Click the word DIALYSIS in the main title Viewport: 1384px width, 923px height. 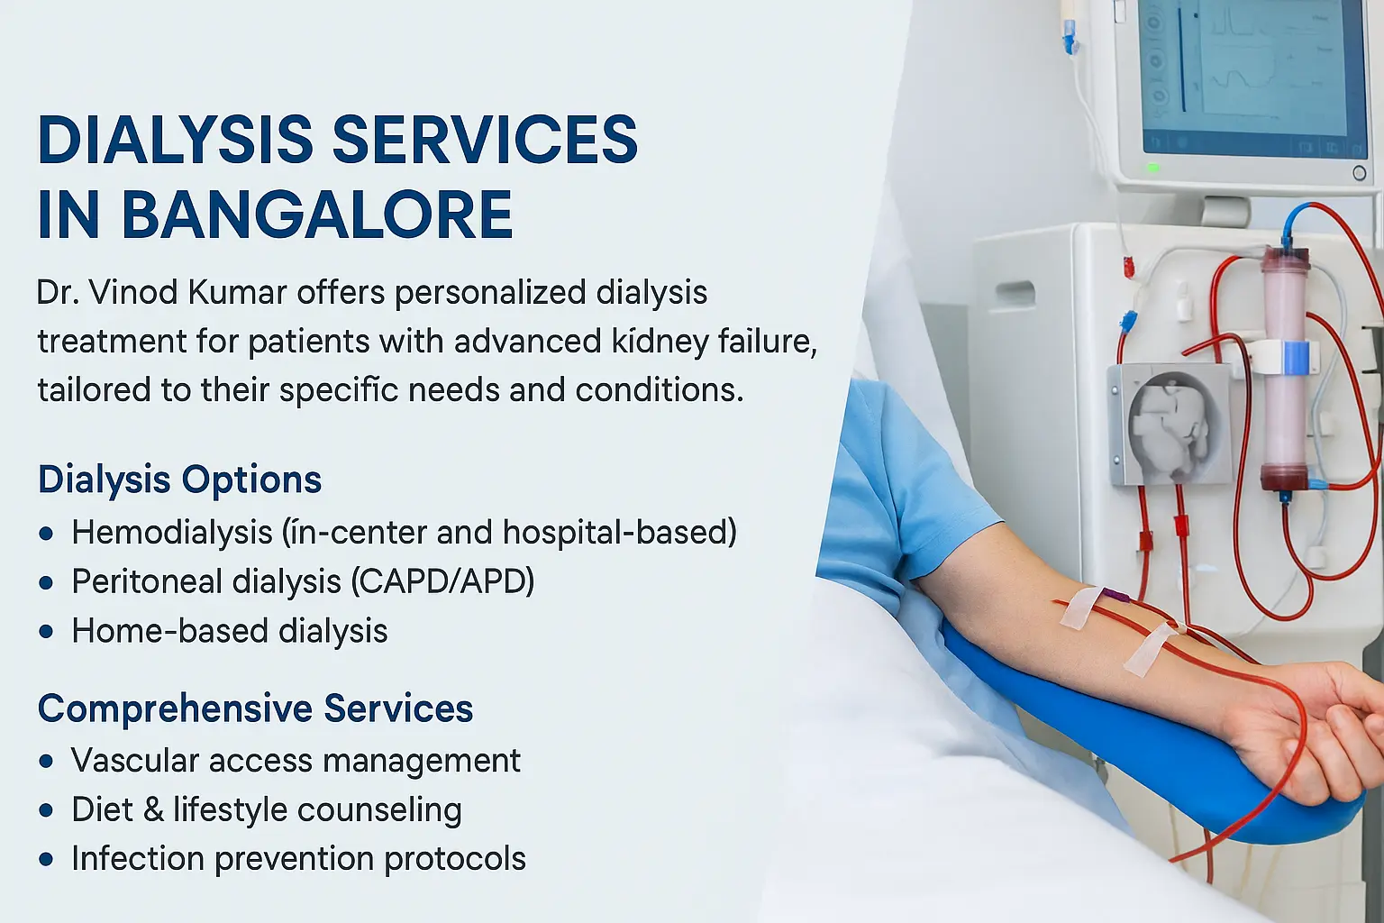pyautogui.click(x=176, y=140)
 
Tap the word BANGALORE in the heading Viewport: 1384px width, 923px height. pyautogui.click(x=317, y=215)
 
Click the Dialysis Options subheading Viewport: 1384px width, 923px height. pyautogui.click(x=180, y=480)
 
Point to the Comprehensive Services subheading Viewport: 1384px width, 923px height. pyautogui.click(x=255, y=708)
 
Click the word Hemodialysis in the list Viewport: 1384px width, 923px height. pyautogui.click(x=172, y=533)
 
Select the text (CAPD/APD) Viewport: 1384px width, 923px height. pyautogui.click(x=442, y=581)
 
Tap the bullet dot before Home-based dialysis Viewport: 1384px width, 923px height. pyautogui.click(x=46, y=632)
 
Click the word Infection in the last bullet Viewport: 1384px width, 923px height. pyautogui.click(x=138, y=859)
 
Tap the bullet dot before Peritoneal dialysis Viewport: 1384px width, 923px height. pyautogui.click(x=46, y=582)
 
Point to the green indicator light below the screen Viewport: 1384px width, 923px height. pyautogui.click(x=1153, y=168)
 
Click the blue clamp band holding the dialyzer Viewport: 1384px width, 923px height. pyautogui.click(x=1295, y=357)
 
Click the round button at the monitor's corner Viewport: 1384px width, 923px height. pyautogui.click(x=1360, y=173)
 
